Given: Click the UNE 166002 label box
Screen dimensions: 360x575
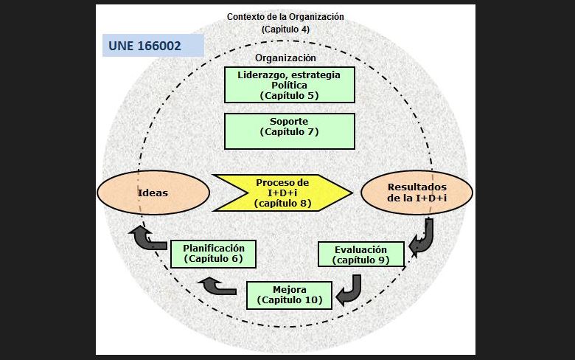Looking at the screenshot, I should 153,45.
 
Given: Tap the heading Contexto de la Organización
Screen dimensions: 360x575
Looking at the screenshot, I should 285,16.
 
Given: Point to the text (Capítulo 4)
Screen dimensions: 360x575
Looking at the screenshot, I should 285,30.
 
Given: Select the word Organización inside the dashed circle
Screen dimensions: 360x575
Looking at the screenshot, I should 285,58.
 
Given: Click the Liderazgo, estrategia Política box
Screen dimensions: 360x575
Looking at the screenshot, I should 289,85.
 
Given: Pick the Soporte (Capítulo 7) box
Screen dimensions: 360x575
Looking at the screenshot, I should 289,131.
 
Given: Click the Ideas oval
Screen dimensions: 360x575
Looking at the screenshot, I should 153,193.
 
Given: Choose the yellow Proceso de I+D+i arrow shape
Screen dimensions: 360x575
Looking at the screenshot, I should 282,193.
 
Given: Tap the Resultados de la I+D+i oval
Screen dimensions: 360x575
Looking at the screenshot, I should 417,193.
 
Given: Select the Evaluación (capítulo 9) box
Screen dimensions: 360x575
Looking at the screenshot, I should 361,255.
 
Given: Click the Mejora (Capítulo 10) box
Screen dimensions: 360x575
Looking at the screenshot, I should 288,294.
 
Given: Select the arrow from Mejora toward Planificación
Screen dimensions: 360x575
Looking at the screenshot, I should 220,285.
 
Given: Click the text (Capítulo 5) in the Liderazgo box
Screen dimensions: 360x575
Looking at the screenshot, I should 289,95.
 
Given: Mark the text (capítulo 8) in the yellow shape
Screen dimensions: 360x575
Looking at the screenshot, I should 282,203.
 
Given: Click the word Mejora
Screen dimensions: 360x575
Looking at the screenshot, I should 288,289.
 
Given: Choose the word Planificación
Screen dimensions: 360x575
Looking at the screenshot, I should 213,249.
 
